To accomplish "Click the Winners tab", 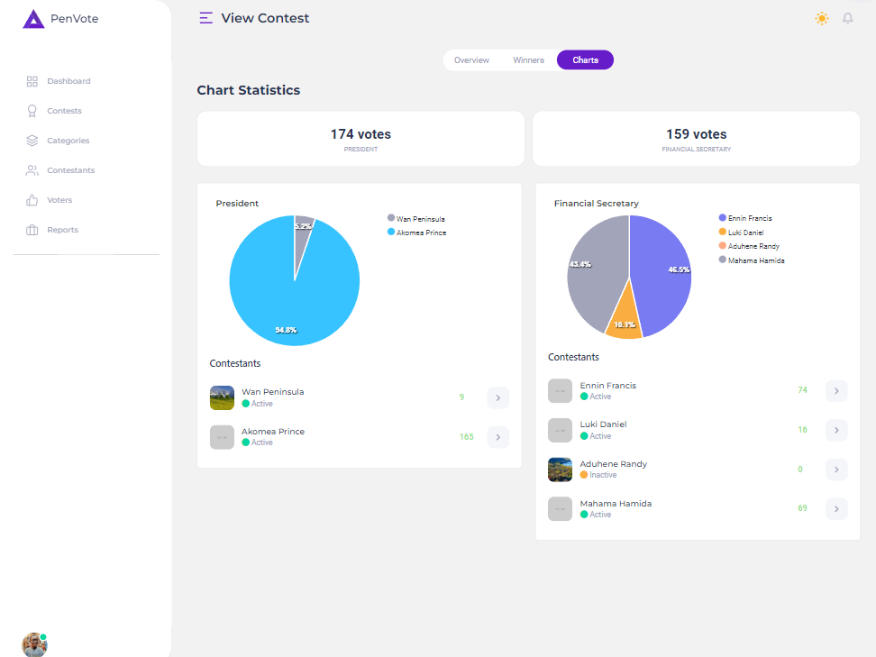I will pyautogui.click(x=528, y=60).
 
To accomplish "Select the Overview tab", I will pyautogui.click(x=471, y=60).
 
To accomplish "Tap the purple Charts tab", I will pyautogui.click(x=585, y=60).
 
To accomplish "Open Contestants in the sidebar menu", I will pyautogui.click(x=70, y=170).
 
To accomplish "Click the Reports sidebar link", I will pyautogui.click(x=62, y=230).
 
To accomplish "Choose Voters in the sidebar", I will pyautogui.click(x=59, y=200).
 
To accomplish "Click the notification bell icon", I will pyautogui.click(x=847, y=18).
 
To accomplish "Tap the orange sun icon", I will pyautogui.click(x=821, y=18).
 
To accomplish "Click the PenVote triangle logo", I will pyautogui.click(x=33, y=19).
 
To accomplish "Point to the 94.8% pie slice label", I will pyautogui.click(x=286, y=331).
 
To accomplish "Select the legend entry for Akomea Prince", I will pyautogui.click(x=421, y=233).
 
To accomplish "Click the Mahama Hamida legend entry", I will pyautogui.click(x=756, y=260).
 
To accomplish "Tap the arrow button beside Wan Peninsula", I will pyautogui.click(x=497, y=397).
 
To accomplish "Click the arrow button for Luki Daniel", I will pyautogui.click(x=836, y=430).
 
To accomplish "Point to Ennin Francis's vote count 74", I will pyautogui.click(x=802, y=390).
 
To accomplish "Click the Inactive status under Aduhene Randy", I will pyautogui.click(x=603, y=475).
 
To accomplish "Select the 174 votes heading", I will pyautogui.click(x=360, y=134).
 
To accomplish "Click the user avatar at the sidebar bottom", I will pyautogui.click(x=34, y=644).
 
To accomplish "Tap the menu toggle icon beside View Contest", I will pyautogui.click(x=206, y=18).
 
